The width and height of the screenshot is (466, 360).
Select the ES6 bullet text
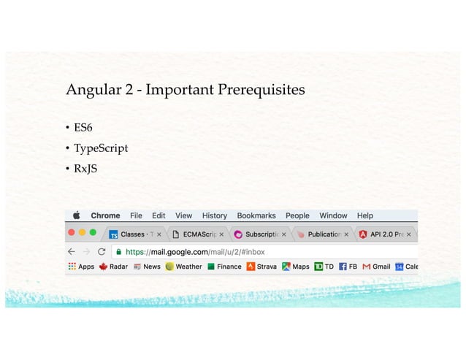(x=83, y=129)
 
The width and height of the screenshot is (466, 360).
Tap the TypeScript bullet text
(x=100, y=148)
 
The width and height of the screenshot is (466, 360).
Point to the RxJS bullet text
(x=85, y=169)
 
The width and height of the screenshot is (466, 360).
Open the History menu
(x=214, y=215)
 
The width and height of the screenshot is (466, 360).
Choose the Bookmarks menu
(x=256, y=215)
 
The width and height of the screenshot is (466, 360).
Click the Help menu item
(x=364, y=215)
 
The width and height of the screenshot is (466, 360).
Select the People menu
(x=297, y=215)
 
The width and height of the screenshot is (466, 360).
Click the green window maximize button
(x=93, y=233)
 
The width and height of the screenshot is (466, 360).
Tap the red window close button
(x=71, y=233)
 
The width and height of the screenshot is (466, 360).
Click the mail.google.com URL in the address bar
(x=196, y=251)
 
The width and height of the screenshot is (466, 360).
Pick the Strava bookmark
(x=262, y=267)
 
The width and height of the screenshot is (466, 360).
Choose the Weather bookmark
(x=183, y=267)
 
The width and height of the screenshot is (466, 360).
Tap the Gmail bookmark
(x=376, y=267)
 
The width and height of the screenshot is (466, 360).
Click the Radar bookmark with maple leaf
(x=113, y=267)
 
